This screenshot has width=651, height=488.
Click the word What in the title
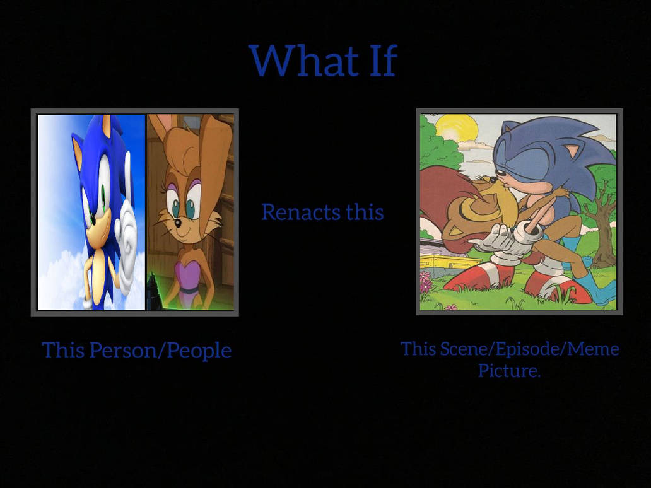pyautogui.click(x=304, y=61)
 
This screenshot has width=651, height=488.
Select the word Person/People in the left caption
pyautogui.click(x=160, y=350)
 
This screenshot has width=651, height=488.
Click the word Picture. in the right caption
pyautogui.click(x=510, y=370)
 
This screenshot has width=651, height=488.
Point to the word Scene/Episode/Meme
pyautogui.click(x=529, y=349)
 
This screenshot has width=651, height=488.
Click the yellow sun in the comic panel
pyautogui.click(x=455, y=129)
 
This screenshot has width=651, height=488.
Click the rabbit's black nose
pyautogui.click(x=177, y=224)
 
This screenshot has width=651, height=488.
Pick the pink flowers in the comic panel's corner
pyautogui.click(x=426, y=282)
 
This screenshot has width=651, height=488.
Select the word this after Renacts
pyautogui.click(x=365, y=212)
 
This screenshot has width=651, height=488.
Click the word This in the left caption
pyautogui.click(x=64, y=350)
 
